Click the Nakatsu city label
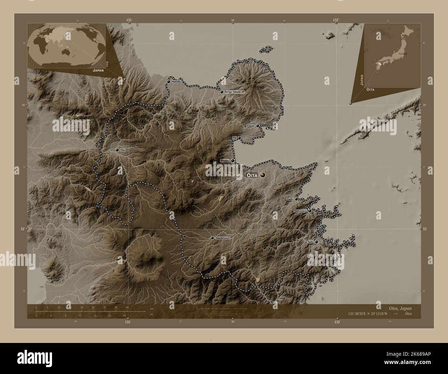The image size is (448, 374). pyautogui.click(x=176, y=82)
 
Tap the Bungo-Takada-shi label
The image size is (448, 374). pyautogui.click(x=234, y=92)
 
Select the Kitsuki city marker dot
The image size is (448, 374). pyautogui.click(x=257, y=126)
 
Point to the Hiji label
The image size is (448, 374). pyautogui.click(x=234, y=138)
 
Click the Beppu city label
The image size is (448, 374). pyautogui.click(x=225, y=161)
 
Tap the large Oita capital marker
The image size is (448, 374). pyautogui.click(x=263, y=175)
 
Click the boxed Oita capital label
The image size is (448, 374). pyautogui.click(x=252, y=176)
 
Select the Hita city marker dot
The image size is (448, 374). pyautogui.click(x=117, y=150)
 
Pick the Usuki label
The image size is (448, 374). pyautogui.click(x=289, y=199)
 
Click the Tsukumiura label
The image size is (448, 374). pyautogui.click(x=300, y=210)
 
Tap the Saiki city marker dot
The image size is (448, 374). pyautogui.click(x=316, y=242)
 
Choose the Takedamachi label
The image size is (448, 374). pyautogui.click(x=222, y=238)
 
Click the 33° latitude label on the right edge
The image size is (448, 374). pyautogui.click(x=425, y=229)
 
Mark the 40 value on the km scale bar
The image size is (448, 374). pyautogui.click(x=128, y=307)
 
